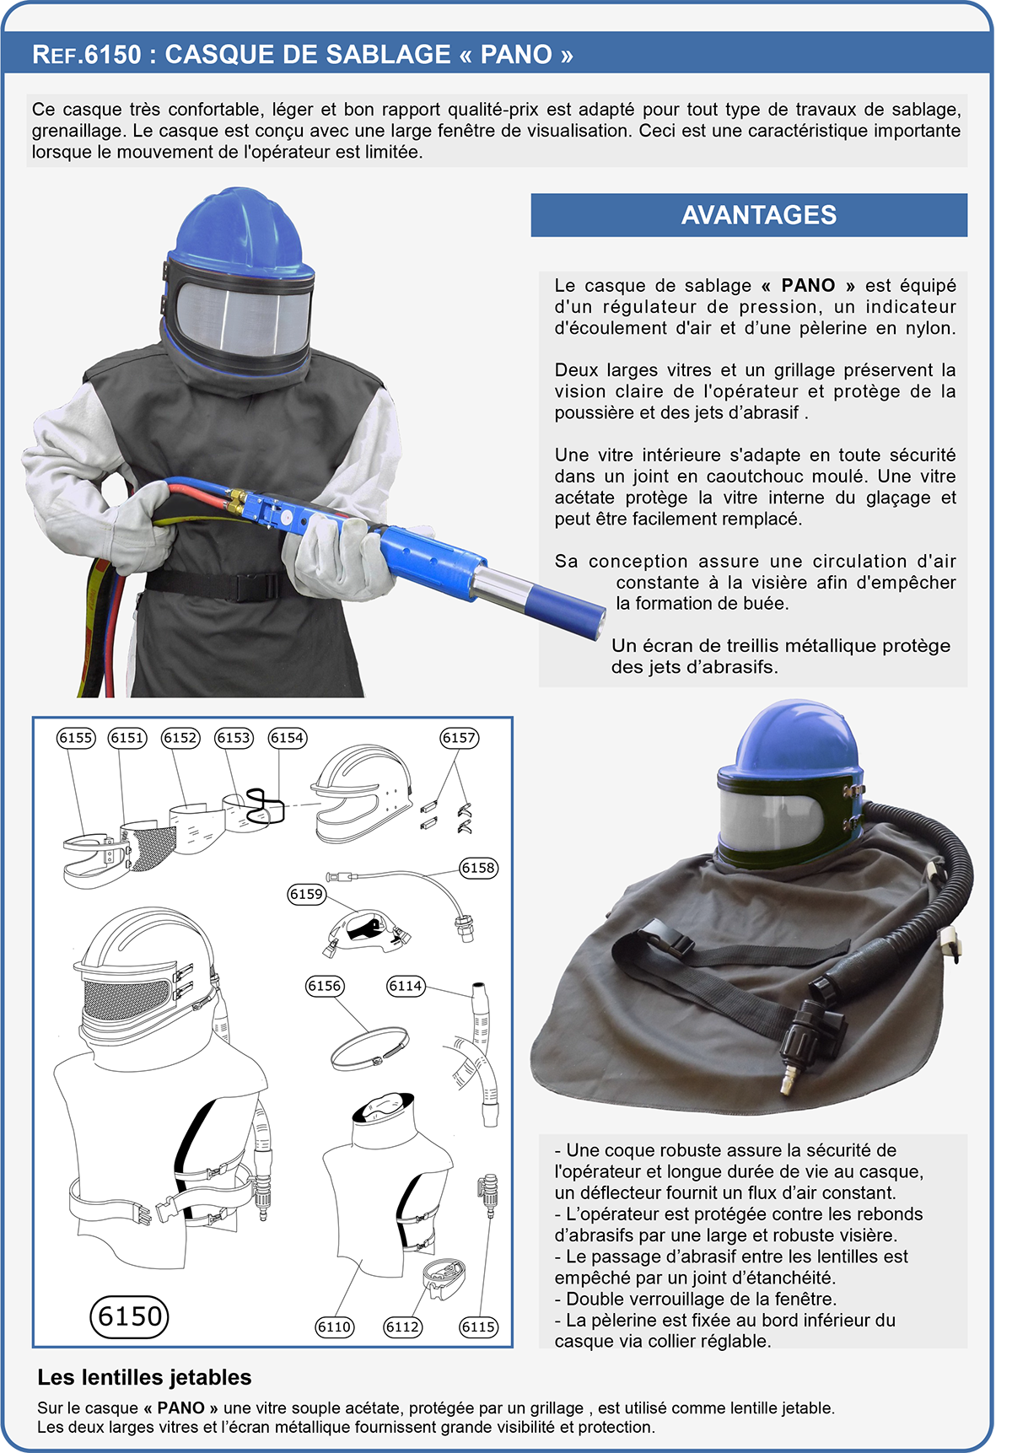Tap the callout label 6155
coord(76,738)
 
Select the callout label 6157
coord(460,738)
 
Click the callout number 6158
coord(478,868)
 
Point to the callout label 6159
coord(306,894)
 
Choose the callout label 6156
coord(325,986)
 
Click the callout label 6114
coord(406,986)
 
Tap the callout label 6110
coord(334,1327)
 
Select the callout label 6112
coord(402,1327)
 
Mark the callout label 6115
coord(478,1327)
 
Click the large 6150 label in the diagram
coord(129,1316)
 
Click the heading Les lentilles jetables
coord(144,1377)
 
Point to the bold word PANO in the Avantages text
coord(807,285)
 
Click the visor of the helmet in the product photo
coord(772,821)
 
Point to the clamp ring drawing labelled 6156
coord(369,1048)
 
